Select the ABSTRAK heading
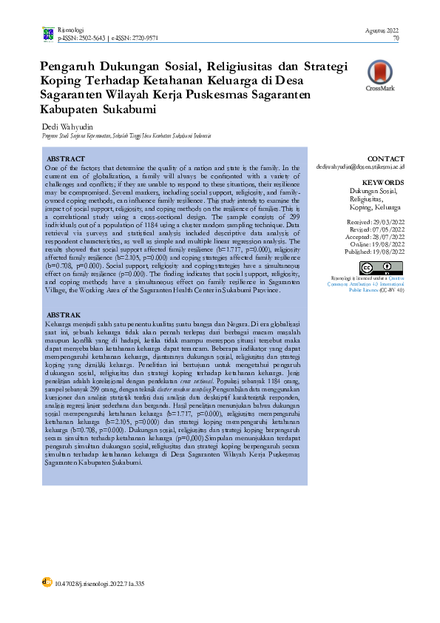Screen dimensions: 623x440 point(64,314)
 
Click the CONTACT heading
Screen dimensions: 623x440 point(385,159)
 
